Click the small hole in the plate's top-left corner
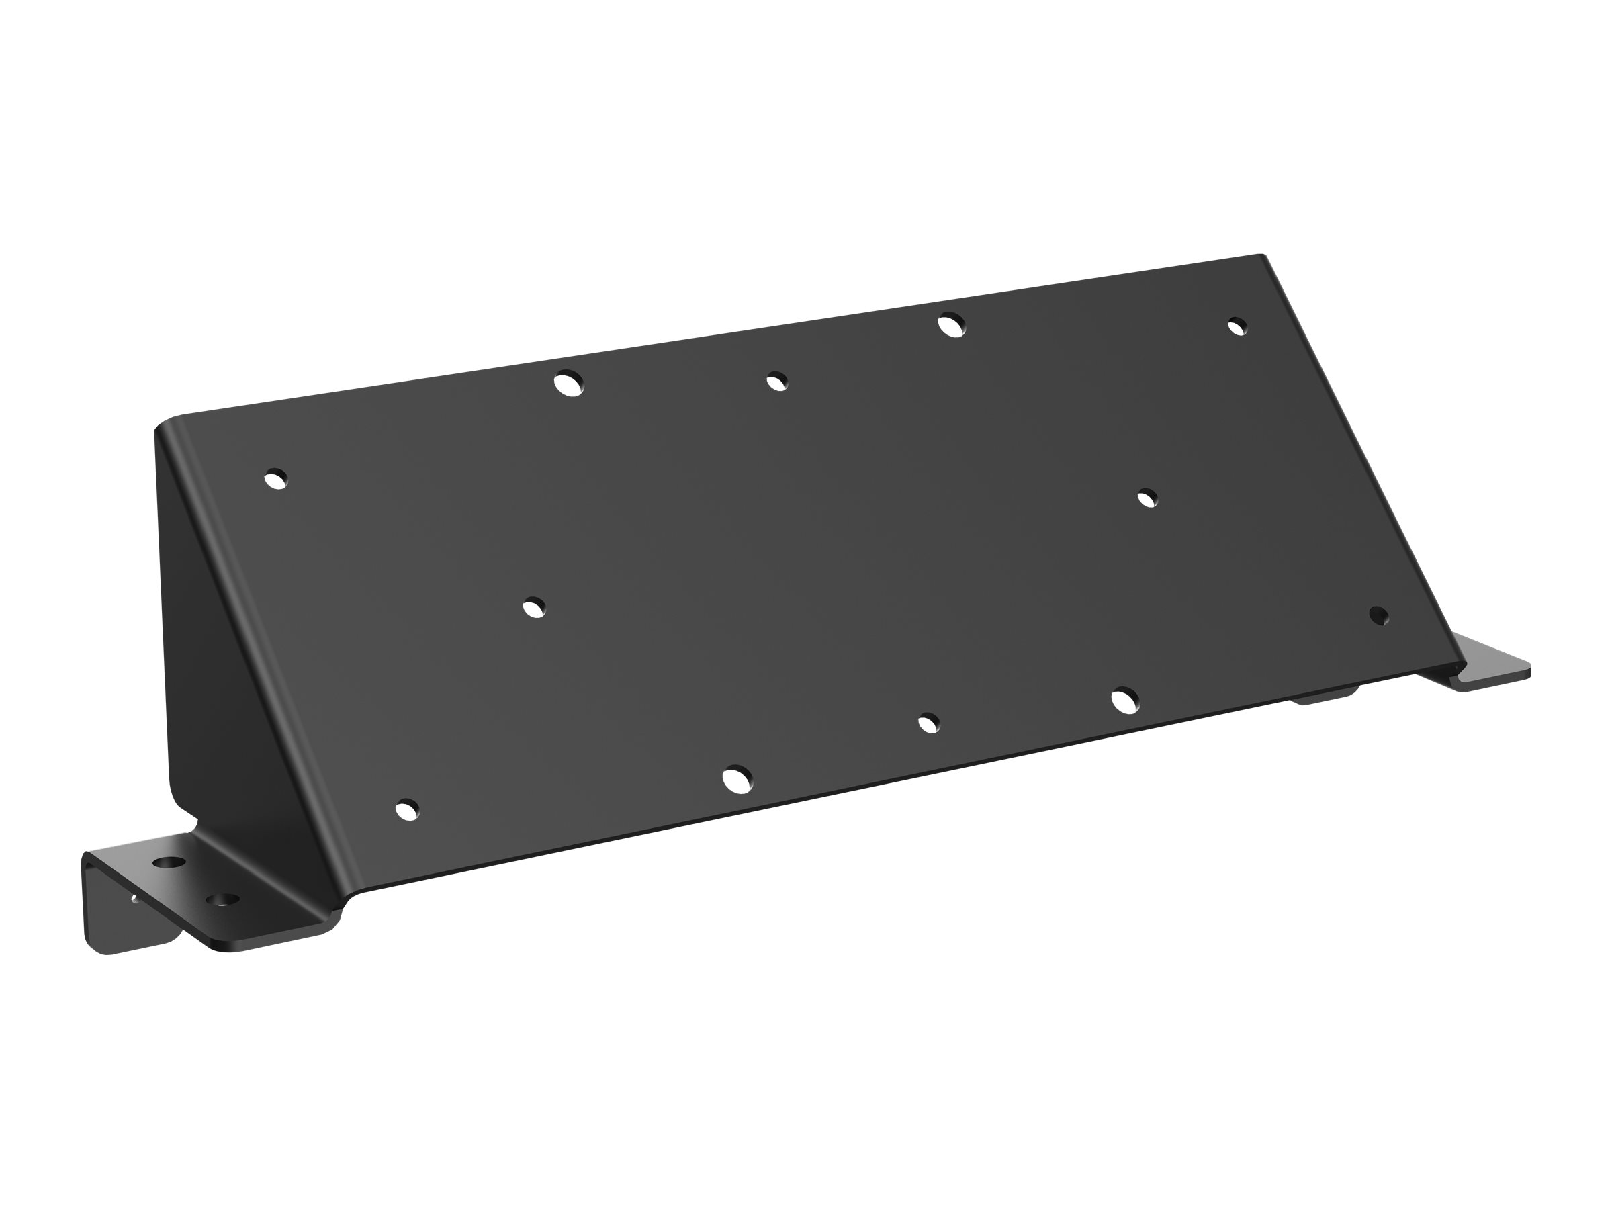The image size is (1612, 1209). click(x=275, y=479)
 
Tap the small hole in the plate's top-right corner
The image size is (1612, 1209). click(x=1237, y=326)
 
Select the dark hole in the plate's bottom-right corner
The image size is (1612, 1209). click(x=1379, y=615)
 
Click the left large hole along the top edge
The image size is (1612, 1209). click(x=568, y=383)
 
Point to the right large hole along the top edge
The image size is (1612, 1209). click(x=951, y=324)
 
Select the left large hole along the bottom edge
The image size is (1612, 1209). click(x=737, y=778)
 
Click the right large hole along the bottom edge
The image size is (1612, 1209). click(x=1126, y=700)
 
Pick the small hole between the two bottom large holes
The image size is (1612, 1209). click(x=928, y=723)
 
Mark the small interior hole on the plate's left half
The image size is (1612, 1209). click(x=534, y=607)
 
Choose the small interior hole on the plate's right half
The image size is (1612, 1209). click(x=1147, y=498)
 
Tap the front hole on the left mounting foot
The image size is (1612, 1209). click(x=225, y=901)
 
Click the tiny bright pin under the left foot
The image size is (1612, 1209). click(x=135, y=899)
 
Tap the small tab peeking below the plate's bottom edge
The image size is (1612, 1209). click(x=1323, y=698)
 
